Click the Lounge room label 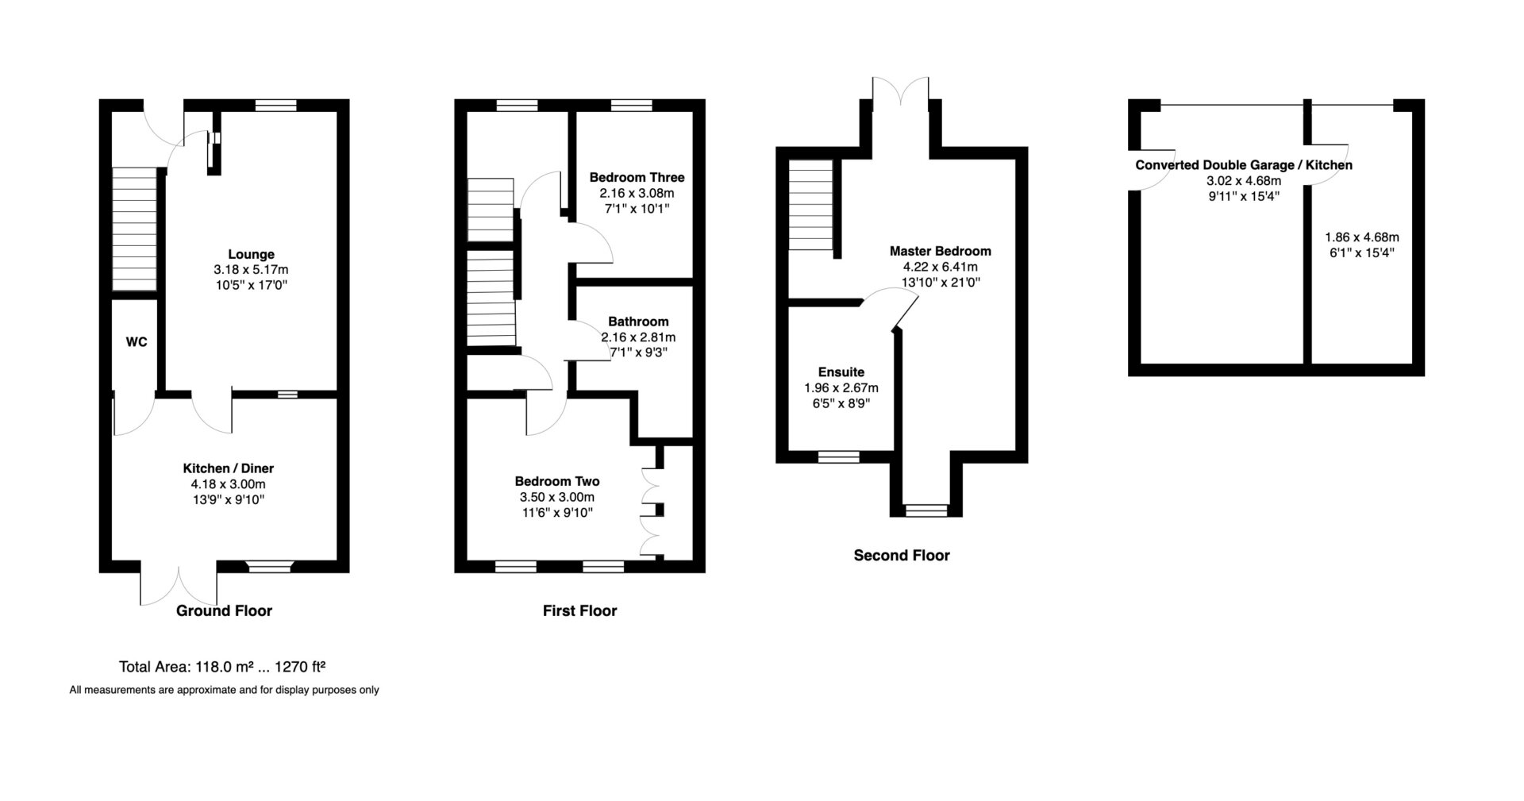pyautogui.click(x=251, y=255)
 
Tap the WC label pyautogui.click(x=137, y=342)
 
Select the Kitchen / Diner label pyautogui.click(x=229, y=468)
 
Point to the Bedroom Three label pyautogui.click(x=637, y=177)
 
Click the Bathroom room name pyautogui.click(x=638, y=322)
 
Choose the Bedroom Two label pyautogui.click(x=557, y=481)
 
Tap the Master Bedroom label pyautogui.click(x=941, y=251)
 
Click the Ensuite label pyautogui.click(x=841, y=372)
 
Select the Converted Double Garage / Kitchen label pyautogui.click(x=1244, y=165)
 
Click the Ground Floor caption pyautogui.click(x=224, y=610)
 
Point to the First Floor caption pyautogui.click(x=580, y=610)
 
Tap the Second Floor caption pyautogui.click(x=902, y=556)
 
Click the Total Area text pyautogui.click(x=230, y=667)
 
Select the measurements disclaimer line pyautogui.click(x=225, y=690)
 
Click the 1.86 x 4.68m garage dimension pyautogui.click(x=1362, y=237)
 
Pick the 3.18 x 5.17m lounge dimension pyautogui.click(x=251, y=270)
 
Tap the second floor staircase pyautogui.click(x=810, y=205)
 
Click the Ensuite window pyautogui.click(x=839, y=456)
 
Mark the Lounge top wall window pyautogui.click(x=276, y=105)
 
